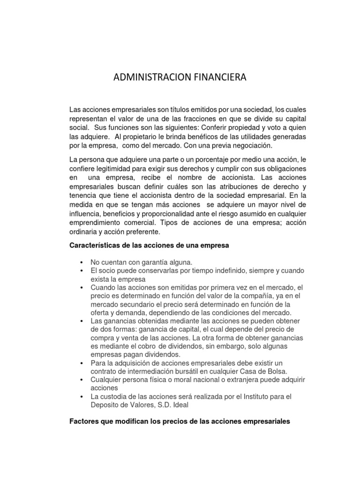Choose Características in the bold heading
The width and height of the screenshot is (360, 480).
pyautogui.click(x=93, y=245)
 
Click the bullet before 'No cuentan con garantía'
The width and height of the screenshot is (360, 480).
pyautogui.click(x=82, y=262)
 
